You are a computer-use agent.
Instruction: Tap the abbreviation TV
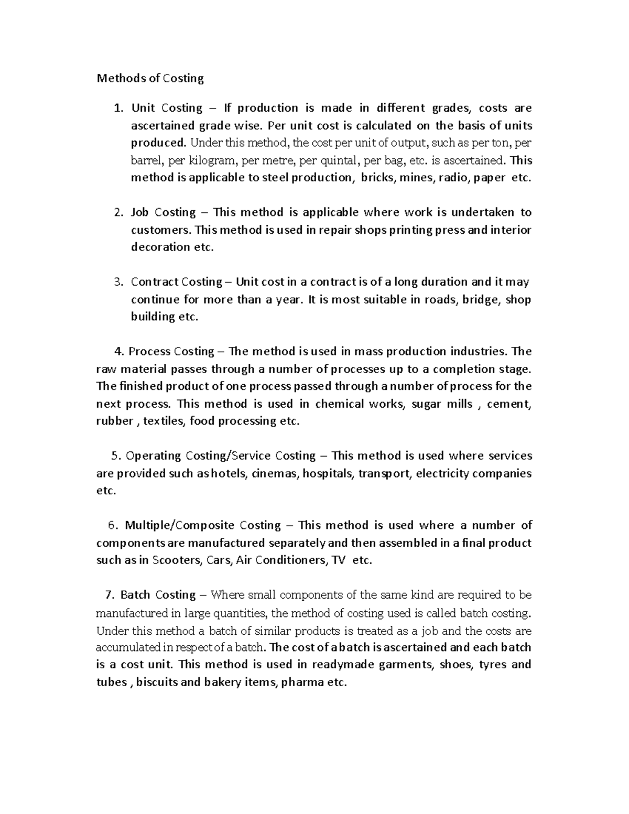[338, 560]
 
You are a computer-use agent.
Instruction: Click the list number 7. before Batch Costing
[110, 595]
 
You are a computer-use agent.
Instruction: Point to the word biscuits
[156, 682]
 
